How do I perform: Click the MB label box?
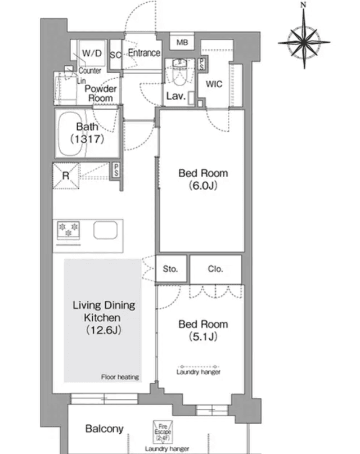[x=182, y=42]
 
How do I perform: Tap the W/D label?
[x=92, y=53]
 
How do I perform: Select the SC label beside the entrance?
[x=115, y=55]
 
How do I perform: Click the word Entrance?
[x=144, y=53]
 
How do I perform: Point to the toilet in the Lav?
[x=179, y=72]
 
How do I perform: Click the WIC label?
[x=214, y=84]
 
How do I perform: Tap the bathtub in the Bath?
[x=73, y=133]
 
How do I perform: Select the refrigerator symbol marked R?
[x=66, y=176]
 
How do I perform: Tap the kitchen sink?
[x=105, y=230]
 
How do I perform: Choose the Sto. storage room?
[x=171, y=269]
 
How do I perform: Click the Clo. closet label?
[x=215, y=269]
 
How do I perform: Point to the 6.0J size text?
[x=203, y=185]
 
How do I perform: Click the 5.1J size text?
[x=203, y=336]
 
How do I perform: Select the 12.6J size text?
[x=103, y=330]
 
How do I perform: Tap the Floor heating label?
[x=120, y=377]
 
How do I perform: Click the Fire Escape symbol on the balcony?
[x=163, y=431]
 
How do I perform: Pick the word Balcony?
[x=104, y=429]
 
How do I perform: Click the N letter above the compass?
[x=303, y=5]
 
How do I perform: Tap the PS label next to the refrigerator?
[x=116, y=170]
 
